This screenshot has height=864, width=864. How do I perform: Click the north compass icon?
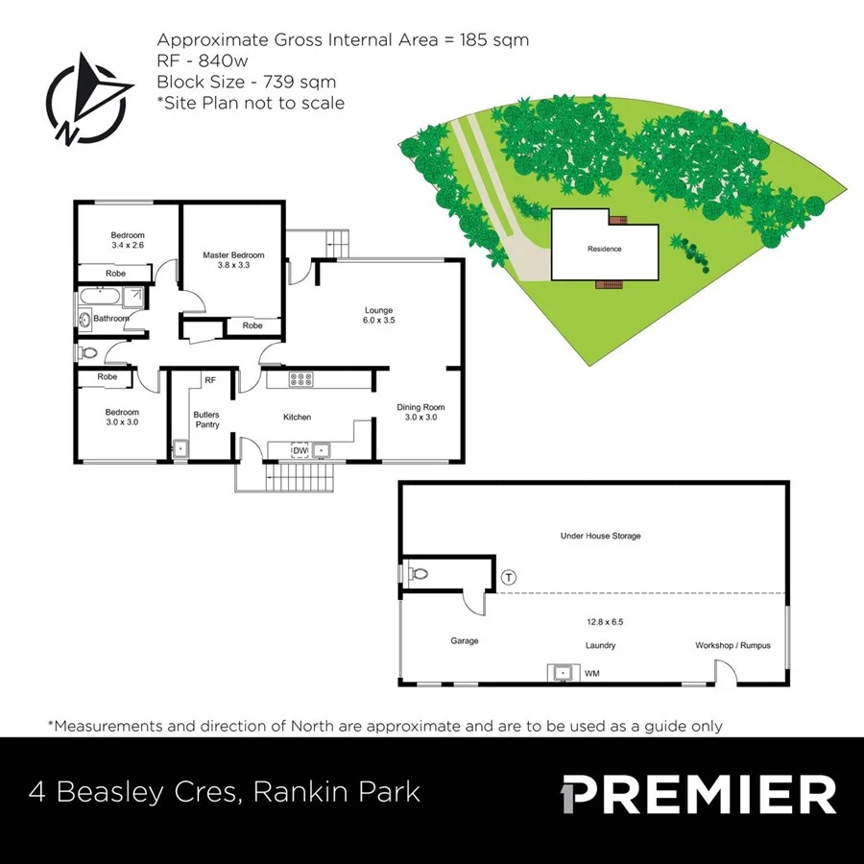(89, 100)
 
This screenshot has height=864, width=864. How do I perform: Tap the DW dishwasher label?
(300, 449)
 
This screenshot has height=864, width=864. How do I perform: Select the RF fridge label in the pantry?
(209, 380)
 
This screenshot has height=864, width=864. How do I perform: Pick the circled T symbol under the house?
(509, 577)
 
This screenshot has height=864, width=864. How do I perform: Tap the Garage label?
(465, 640)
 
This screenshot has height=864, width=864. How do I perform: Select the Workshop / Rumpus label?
(732, 645)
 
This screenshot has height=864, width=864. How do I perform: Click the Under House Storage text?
(600, 536)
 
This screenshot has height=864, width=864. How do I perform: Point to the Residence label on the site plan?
(605, 249)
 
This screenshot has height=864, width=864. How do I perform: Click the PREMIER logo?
(698, 795)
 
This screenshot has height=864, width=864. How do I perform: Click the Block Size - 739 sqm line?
(247, 83)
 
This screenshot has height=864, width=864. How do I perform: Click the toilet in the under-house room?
(419, 574)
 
